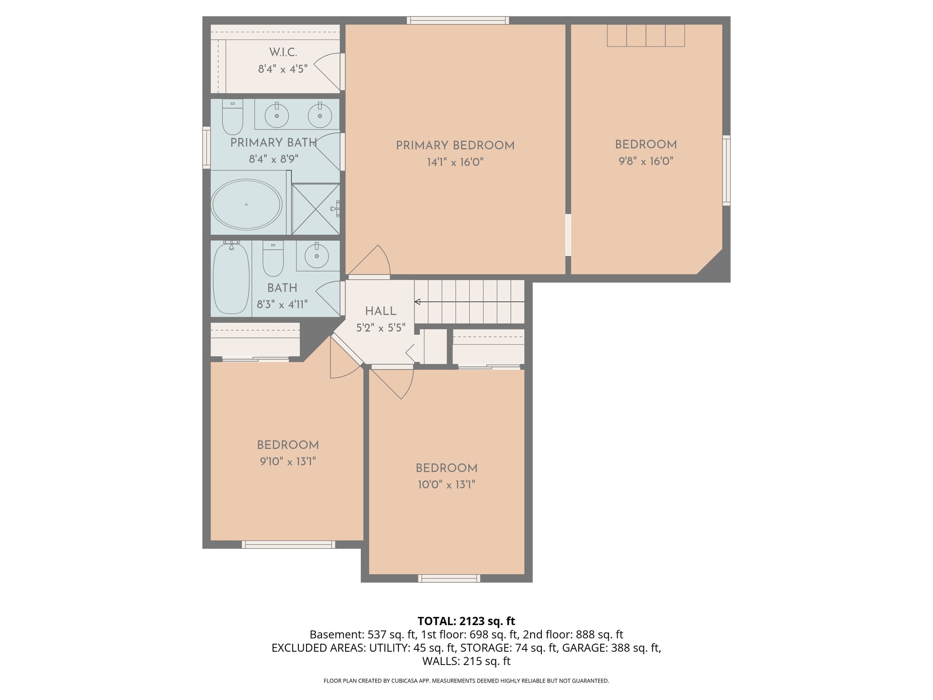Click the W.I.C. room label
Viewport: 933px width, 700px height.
283,52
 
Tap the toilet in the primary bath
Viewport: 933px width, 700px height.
232,117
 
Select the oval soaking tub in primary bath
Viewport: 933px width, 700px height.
246,205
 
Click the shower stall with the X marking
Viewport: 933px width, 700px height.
315,209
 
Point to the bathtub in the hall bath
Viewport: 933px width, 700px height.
231,278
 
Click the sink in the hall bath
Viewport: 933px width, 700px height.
316,256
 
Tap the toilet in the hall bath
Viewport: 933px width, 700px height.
273,259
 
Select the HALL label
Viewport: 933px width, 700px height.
380,311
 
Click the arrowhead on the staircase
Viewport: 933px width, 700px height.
417,302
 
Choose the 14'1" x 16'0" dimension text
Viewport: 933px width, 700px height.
455,162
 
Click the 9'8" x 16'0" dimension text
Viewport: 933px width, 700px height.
646,161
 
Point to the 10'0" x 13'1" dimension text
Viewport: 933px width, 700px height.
446,485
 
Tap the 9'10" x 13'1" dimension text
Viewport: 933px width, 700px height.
288,461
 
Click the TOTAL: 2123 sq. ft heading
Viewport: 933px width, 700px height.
466,621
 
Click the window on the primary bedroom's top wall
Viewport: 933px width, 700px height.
458,20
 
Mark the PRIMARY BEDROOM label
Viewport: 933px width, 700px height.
455,145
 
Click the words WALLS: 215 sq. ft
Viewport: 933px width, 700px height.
466,661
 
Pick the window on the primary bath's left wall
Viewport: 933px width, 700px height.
207,148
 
